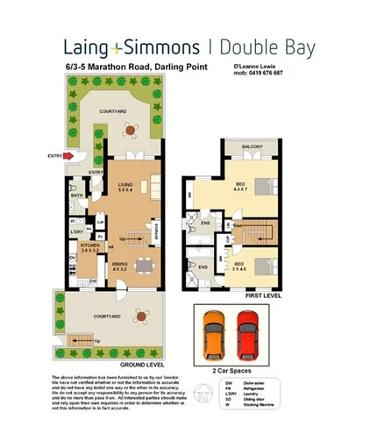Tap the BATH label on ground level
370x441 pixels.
[x=77, y=196]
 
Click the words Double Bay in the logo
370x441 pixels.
[x=263, y=47]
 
